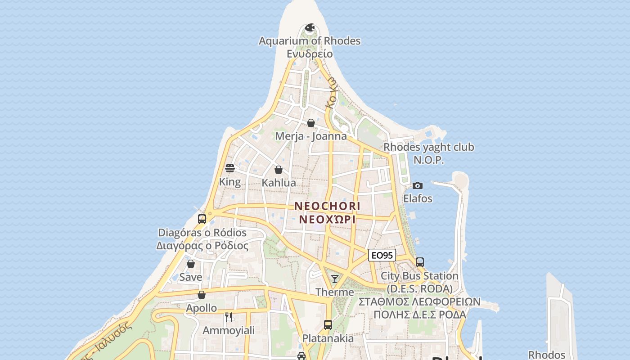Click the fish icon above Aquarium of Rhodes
[310, 28]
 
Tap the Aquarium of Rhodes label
[310, 41]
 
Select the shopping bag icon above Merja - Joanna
[310, 123]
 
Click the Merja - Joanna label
[311, 136]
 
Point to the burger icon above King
[230, 169]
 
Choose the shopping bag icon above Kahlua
[279, 170]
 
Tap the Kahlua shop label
[279, 183]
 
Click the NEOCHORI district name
[327, 206]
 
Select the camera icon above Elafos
[418, 185]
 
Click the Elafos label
[418, 198]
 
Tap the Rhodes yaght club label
[428, 147]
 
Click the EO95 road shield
[382, 255]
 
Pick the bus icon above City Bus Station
[419, 262]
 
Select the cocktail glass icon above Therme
[335, 279]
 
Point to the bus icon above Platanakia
[328, 325]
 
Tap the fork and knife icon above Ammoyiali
[229, 317]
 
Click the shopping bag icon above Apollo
[202, 295]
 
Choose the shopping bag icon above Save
[191, 264]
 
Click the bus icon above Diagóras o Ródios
[202, 219]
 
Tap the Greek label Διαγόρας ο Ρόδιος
[202, 246]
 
